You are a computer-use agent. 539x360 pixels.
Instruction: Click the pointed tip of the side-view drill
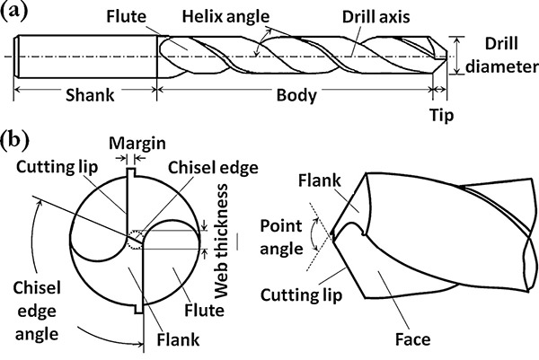[331, 236]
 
